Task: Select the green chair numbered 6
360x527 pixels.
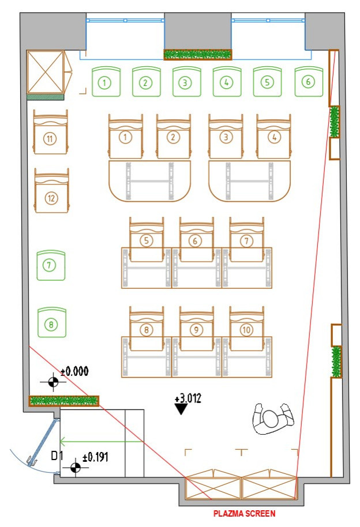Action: pos(308,82)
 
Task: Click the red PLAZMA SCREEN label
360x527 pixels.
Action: pos(245,513)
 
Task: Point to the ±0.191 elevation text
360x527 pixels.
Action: pos(95,457)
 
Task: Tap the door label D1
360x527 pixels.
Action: pos(57,457)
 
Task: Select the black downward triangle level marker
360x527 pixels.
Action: pos(182,409)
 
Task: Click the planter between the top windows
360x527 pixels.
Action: pos(198,55)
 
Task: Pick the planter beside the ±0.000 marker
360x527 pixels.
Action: pos(64,400)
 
